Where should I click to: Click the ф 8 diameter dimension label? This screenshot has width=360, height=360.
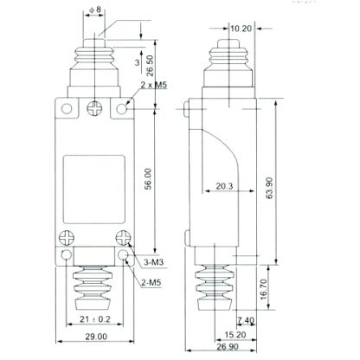point(95,10)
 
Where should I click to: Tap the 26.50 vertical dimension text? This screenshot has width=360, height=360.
point(150,66)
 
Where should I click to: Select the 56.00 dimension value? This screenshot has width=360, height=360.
point(148,179)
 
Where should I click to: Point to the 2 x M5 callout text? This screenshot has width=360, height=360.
point(154,85)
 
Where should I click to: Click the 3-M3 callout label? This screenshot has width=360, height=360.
point(154,262)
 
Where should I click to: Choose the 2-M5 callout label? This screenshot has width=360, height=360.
point(151,283)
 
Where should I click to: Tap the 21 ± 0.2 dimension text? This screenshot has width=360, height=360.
point(95,319)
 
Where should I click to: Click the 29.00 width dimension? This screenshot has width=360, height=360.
point(96,337)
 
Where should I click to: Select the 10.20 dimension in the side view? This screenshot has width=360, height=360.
point(241,29)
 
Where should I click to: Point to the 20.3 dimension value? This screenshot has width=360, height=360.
point(224,186)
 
